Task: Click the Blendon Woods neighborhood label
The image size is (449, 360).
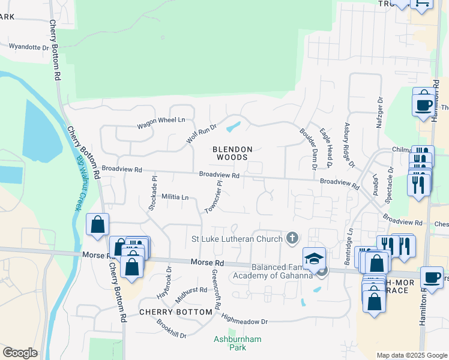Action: coord(232,153)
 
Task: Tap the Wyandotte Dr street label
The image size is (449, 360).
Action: coord(28,47)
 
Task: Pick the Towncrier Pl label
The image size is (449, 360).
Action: coord(214,197)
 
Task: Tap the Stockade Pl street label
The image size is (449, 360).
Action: coord(152,193)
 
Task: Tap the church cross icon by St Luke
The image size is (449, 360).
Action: coord(292,239)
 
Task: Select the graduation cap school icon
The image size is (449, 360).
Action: coord(314,259)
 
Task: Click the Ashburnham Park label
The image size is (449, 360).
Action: coord(238,343)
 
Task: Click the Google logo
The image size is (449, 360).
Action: coord(20,353)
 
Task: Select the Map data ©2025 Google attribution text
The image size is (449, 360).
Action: coord(411,355)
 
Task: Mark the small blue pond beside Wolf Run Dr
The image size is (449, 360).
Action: coord(233,127)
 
